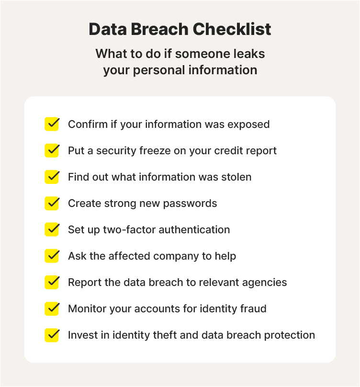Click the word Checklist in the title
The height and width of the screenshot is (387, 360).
(232, 29)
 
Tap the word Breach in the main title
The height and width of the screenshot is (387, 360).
(159, 29)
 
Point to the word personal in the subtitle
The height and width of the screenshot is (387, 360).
(158, 70)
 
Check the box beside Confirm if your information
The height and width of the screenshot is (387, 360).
(52, 124)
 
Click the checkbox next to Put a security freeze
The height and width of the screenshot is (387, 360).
(52, 150)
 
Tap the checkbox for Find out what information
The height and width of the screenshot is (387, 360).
(52, 177)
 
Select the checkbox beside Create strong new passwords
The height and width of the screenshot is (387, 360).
(52, 203)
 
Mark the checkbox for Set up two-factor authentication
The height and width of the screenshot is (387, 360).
(52, 229)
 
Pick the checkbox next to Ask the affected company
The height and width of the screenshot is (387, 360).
(52, 256)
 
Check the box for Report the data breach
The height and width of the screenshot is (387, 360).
(52, 282)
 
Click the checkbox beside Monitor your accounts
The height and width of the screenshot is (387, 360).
(52, 308)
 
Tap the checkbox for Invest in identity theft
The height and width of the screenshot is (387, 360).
(52, 335)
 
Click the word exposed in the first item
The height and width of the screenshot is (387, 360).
(248, 125)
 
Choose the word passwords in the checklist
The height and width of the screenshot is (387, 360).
(190, 204)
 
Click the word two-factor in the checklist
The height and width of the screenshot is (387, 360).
(129, 230)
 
